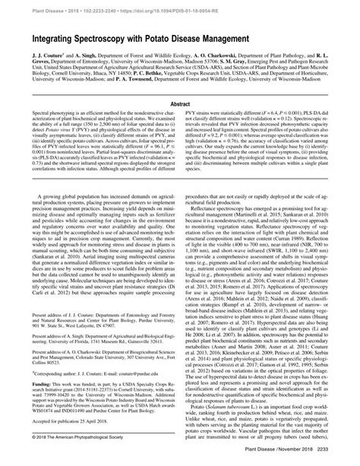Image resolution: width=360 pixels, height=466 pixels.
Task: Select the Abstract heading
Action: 180,109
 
